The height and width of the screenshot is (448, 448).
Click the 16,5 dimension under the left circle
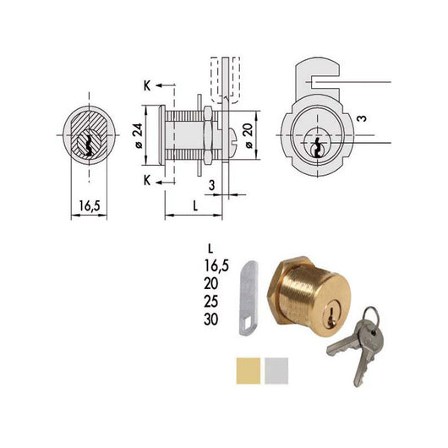[88, 205]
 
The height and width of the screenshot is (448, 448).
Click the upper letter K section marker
[147, 87]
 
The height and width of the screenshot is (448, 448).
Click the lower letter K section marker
[147, 180]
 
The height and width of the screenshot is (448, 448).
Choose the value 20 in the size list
[212, 283]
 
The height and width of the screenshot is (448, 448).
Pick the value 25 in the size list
[212, 301]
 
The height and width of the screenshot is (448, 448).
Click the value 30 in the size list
[212, 319]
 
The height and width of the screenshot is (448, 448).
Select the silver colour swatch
[275, 369]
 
